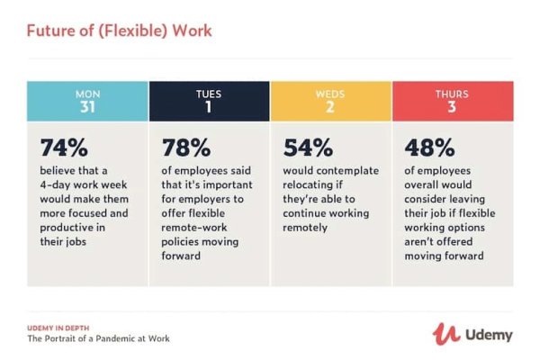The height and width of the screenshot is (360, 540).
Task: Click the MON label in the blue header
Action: click(86, 94)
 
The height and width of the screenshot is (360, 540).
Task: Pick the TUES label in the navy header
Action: click(209, 94)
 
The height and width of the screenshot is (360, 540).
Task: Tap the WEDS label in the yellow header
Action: click(330, 94)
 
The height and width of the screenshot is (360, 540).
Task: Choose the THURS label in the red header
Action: click(452, 94)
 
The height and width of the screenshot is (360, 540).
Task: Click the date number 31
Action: click(86, 108)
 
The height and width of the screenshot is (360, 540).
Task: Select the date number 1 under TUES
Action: click(209, 108)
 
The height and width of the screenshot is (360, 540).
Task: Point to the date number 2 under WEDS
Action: click(330, 108)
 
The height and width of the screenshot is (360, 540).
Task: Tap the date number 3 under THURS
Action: click(452, 108)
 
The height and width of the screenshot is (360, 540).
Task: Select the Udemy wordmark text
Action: click(489, 335)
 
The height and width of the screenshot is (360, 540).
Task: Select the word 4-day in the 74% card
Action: click(57, 185)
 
